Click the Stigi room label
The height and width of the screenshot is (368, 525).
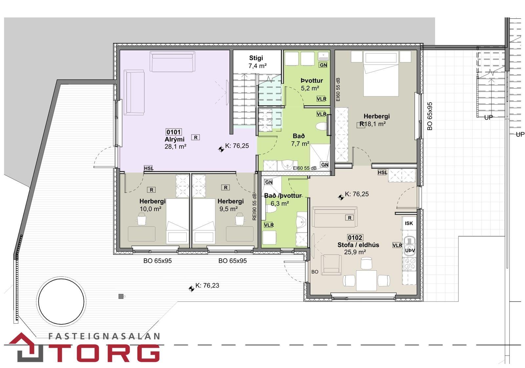[x=256, y=58]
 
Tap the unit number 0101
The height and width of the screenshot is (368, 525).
[x=174, y=132]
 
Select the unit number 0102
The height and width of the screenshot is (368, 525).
[x=355, y=238]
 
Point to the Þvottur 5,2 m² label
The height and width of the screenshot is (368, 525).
[x=311, y=84]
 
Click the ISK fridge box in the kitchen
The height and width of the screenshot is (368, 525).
[x=409, y=223]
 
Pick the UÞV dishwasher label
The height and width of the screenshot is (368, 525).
[x=410, y=250]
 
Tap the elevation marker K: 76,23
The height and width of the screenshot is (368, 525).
[x=207, y=286]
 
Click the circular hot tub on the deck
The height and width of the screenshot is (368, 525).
[x=61, y=302]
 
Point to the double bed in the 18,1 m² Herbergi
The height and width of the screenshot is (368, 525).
[x=381, y=74]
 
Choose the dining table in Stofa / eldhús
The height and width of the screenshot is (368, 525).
[x=366, y=281]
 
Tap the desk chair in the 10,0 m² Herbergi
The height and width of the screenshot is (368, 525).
[x=141, y=219]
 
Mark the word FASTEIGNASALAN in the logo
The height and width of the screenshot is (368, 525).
[x=104, y=336]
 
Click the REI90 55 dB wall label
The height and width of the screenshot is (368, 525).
[x=254, y=207]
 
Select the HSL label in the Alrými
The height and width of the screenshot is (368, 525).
[x=149, y=168]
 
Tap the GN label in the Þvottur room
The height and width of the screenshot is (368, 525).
[x=323, y=65]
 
